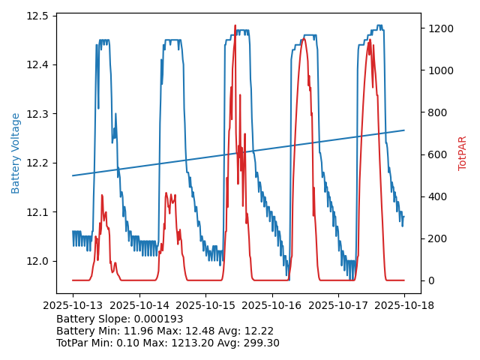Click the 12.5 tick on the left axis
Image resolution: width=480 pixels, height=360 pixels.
point(38,16)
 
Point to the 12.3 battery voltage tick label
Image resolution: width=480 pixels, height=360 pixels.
point(38,114)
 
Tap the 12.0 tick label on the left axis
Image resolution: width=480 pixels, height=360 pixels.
point(38,261)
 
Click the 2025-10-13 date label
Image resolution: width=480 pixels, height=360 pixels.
point(73,305)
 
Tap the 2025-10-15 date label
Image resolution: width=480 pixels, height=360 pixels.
point(205,305)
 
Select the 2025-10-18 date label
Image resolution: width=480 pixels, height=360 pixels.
point(404,305)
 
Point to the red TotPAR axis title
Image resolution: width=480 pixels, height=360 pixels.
point(463,153)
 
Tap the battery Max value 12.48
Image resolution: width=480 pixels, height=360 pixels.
point(214,331)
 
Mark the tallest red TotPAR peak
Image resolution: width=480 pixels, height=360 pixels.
point(235,25)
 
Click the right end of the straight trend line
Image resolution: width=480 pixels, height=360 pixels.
point(404,130)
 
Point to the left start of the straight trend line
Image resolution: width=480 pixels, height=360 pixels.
point(73,175)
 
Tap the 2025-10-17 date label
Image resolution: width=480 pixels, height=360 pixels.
point(338,305)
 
